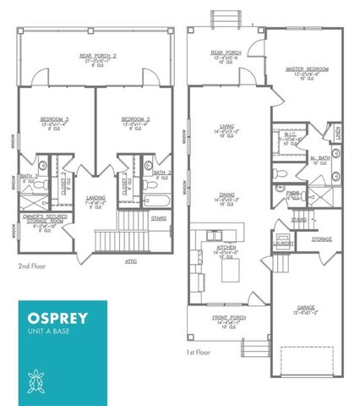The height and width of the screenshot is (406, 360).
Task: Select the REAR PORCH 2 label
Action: point(96,56)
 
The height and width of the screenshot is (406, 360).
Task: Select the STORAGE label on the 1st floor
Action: point(320,238)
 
